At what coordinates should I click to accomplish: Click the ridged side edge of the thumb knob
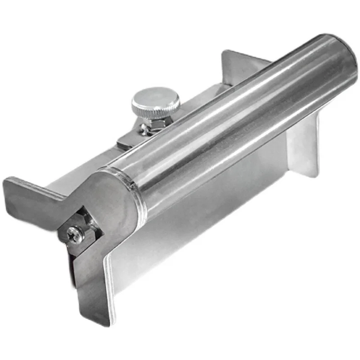(155, 108)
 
